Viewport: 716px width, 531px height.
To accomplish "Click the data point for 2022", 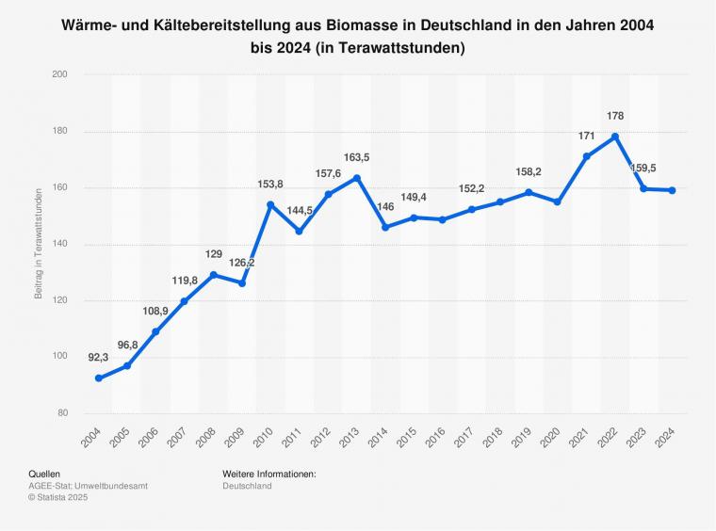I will (x=615, y=137).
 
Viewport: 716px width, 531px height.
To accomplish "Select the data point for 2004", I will (x=98, y=378).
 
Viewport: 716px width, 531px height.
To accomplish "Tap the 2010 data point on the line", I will (x=270, y=204).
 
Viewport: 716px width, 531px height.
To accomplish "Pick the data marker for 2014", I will (x=385, y=227).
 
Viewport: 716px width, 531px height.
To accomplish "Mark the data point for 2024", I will (x=673, y=190).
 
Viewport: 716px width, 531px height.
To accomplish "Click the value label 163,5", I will (x=357, y=157).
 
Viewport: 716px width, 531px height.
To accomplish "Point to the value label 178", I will (x=615, y=116).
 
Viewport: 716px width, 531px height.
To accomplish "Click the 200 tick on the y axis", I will (x=59, y=73).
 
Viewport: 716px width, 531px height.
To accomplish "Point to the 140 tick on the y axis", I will (x=59, y=244).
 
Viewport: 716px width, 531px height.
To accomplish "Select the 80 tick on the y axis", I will (x=61, y=413).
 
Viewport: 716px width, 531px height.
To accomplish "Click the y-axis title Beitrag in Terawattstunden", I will (x=39, y=244).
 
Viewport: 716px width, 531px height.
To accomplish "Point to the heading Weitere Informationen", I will (x=268, y=474).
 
